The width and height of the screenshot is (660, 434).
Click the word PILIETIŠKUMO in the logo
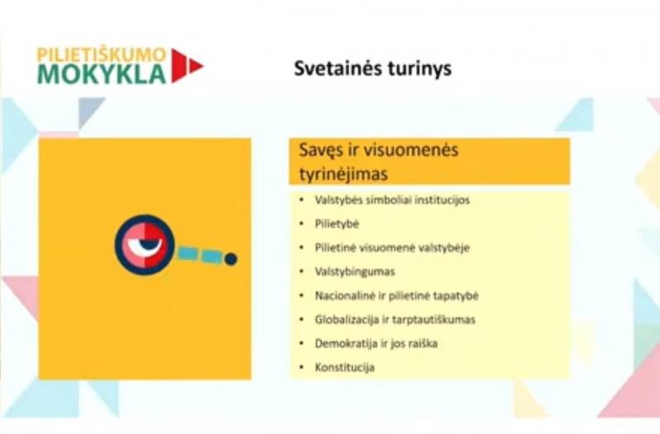pos(101,55)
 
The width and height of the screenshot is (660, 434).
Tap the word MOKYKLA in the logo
pos(101,73)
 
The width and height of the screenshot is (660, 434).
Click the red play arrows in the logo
pos(187,66)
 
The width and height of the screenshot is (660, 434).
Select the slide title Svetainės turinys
pos(373,68)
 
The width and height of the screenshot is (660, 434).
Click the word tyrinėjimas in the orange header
pos(343,173)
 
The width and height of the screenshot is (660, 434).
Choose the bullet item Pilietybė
pos(337,224)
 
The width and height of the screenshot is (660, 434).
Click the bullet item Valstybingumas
pos(355,272)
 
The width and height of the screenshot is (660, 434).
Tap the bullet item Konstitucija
pos(345,367)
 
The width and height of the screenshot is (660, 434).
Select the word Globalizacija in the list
pos(346,320)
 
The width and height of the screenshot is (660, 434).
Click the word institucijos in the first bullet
pos(442,200)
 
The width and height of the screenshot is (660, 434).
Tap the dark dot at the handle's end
pos(231,259)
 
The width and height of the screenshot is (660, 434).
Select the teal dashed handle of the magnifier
pos(199,256)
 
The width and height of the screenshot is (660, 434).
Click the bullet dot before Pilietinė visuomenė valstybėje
pos(301,248)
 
